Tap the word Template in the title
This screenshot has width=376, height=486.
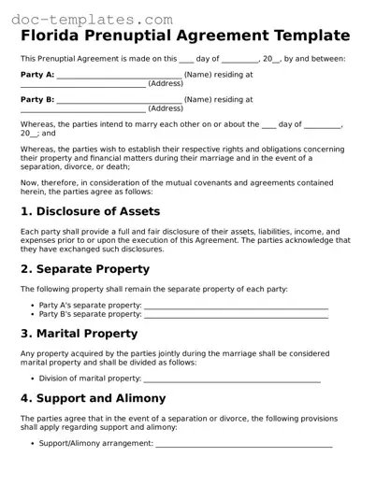point(309,36)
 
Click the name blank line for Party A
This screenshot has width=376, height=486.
point(119,77)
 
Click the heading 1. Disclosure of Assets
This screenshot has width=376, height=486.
point(90,212)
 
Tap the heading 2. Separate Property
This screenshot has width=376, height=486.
point(85,269)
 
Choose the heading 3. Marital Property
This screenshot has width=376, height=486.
point(80,334)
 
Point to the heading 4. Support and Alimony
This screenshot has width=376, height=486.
point(94,398)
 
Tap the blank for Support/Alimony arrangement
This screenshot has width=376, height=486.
point(243,445)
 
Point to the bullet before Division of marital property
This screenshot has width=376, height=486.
point(32,379)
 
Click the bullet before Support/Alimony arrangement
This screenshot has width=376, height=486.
point(32,443)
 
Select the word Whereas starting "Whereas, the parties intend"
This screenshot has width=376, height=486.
point(38,124)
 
